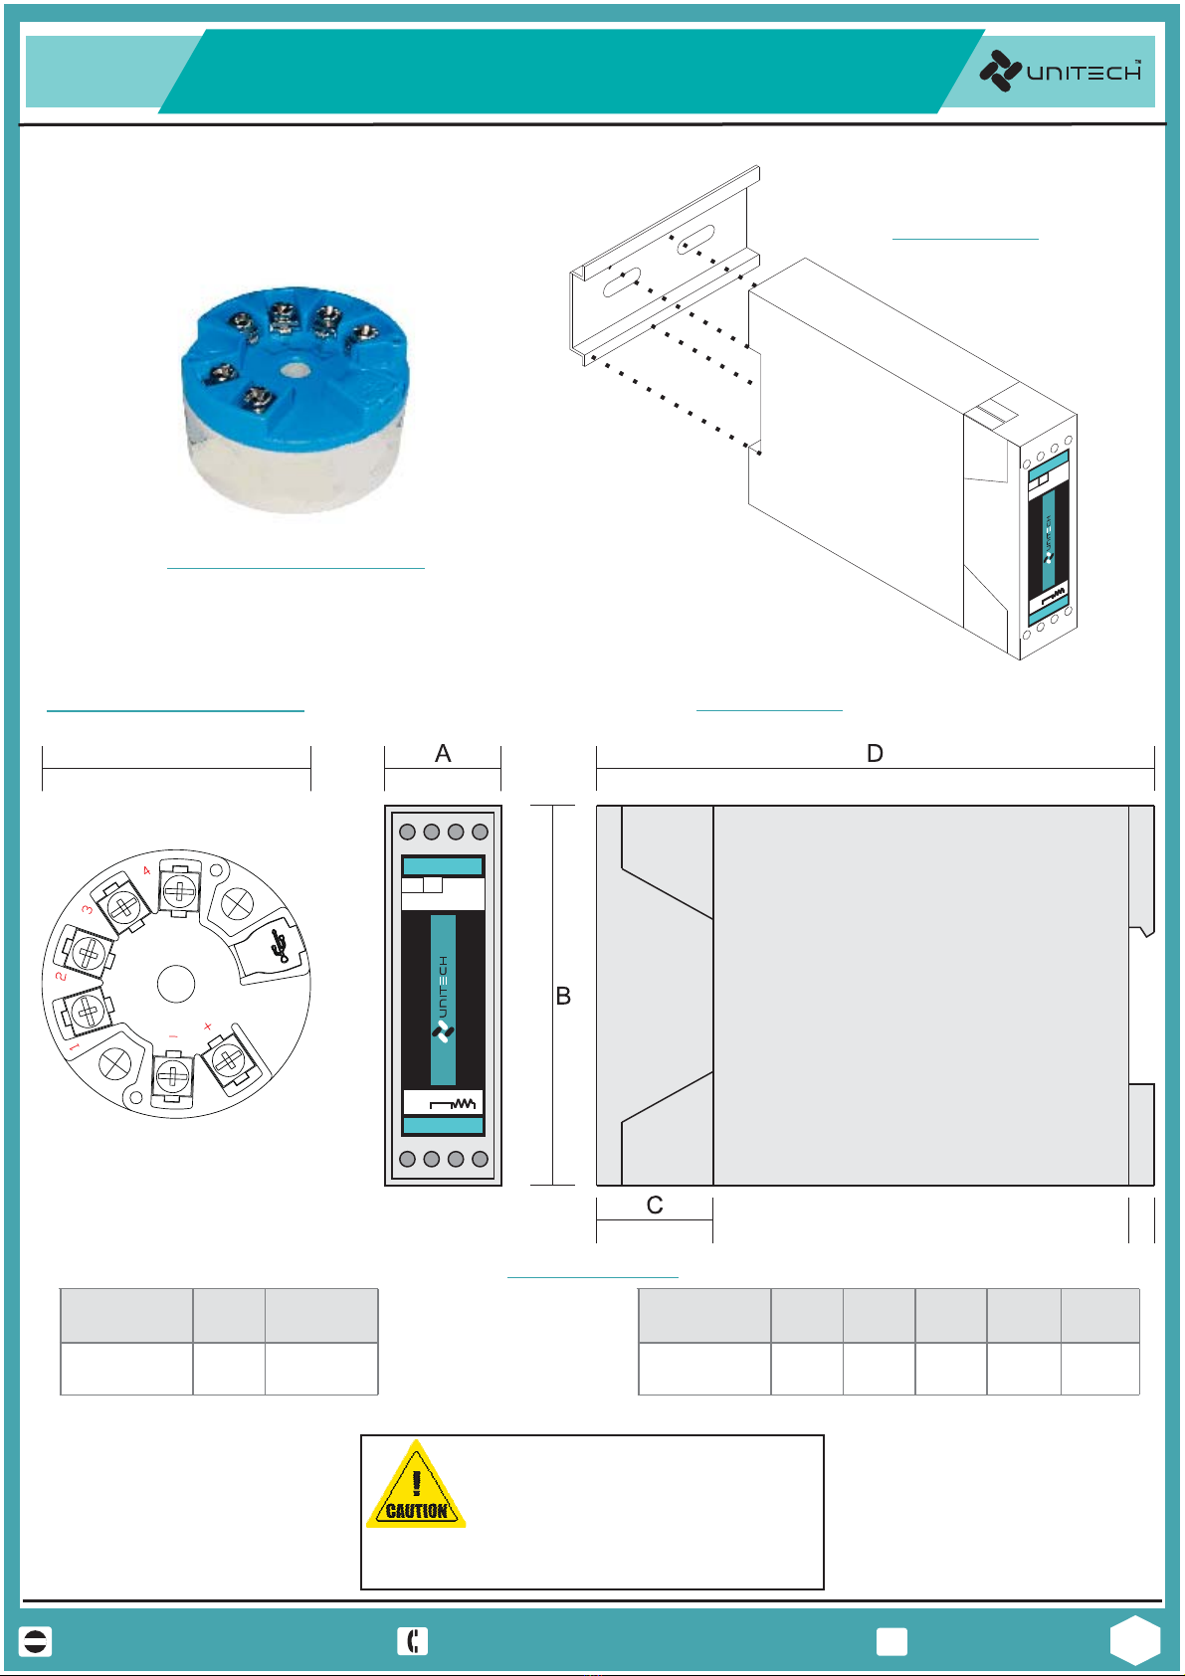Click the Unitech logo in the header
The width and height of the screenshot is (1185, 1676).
click(1061, 72)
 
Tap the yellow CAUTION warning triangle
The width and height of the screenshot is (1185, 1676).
click(416, 1487)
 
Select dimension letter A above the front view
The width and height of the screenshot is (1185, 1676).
click(443, 754)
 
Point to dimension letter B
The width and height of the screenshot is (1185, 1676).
click(563, 997)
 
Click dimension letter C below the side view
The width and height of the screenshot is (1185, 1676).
click(655, 1206)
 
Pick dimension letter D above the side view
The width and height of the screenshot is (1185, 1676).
click(875, 754)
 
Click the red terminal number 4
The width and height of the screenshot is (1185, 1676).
click(147, 871)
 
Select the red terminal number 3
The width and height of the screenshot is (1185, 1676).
click(88, 909)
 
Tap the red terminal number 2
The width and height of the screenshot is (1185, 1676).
click(61, 976)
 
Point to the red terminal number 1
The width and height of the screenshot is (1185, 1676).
click(74, 1047)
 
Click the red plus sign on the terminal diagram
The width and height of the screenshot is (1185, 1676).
click(208, 1026)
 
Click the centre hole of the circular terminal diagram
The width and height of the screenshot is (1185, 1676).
click(176, 984)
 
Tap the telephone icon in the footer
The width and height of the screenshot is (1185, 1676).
click(412, 1641)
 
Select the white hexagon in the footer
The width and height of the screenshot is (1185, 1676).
click(1135, 1640)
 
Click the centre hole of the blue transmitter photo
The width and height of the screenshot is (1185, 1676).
click(293, 370)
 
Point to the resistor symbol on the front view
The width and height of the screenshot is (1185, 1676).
click(453, 1103)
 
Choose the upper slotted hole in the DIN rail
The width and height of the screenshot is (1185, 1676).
click(695, 238)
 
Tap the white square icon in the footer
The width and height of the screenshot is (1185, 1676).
click(891, 1641)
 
